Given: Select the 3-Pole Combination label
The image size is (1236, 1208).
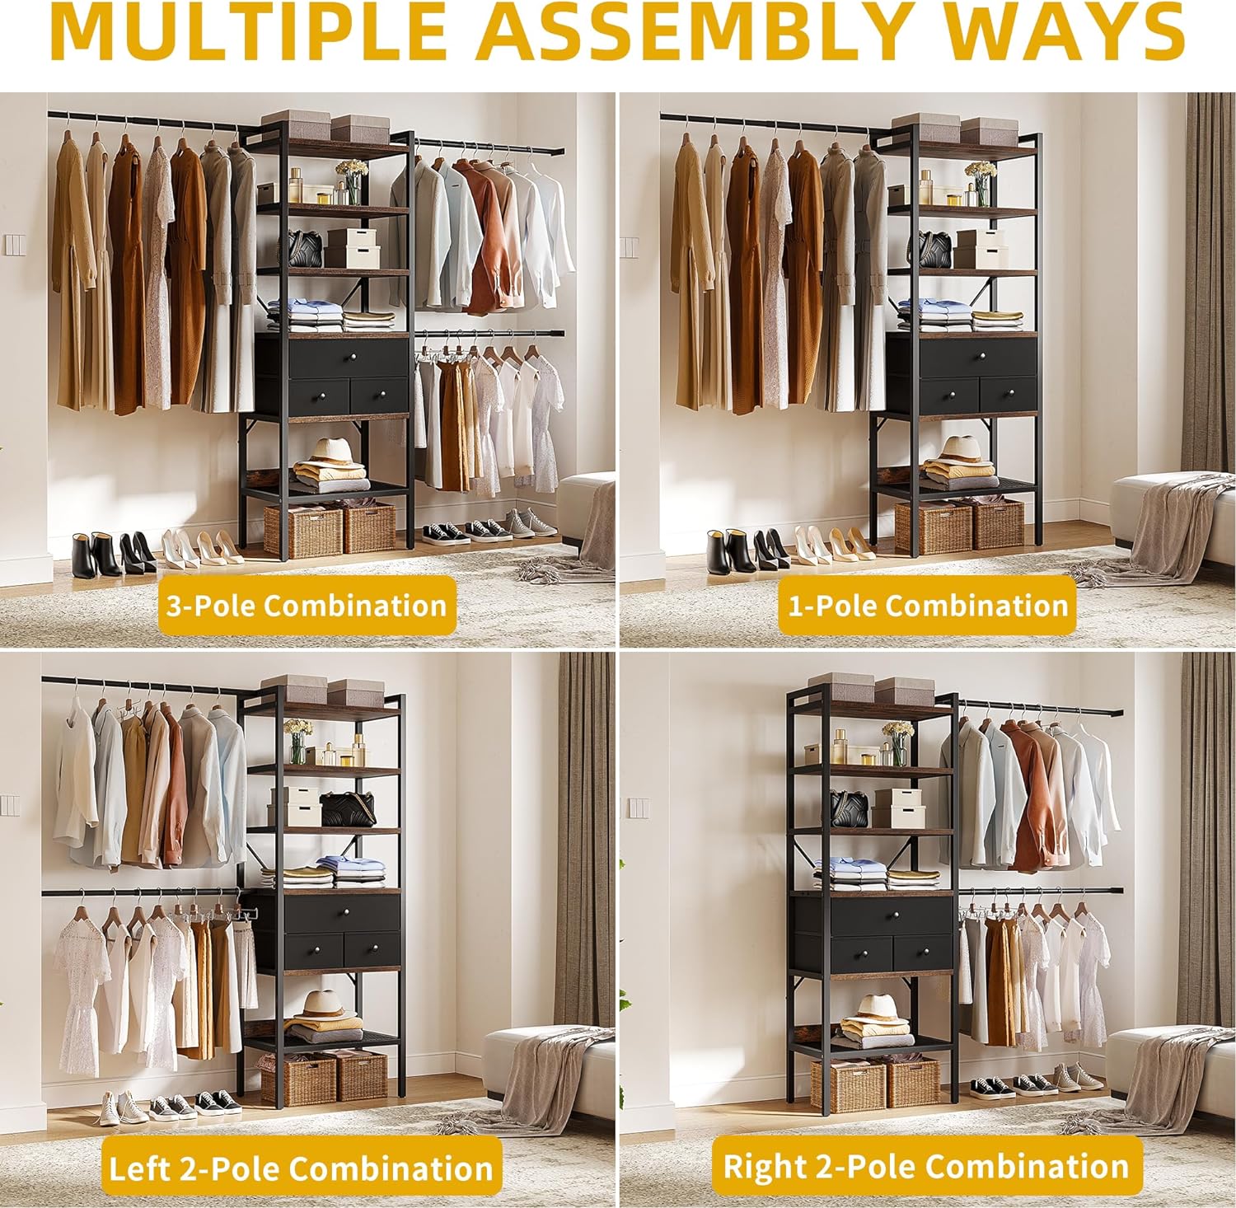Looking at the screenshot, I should click(307, 606).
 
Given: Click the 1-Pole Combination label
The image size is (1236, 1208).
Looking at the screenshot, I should click(928, 606).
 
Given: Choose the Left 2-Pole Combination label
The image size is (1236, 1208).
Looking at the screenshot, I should click(301, 1168).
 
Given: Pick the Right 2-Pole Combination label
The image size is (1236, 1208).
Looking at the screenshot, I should click(926, 1166).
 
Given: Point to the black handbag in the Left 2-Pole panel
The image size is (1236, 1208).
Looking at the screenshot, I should click(348, 809).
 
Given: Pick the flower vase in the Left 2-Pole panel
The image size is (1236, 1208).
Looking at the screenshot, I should click(297, 739).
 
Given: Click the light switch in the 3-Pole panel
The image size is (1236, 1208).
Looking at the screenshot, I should click(14, 245).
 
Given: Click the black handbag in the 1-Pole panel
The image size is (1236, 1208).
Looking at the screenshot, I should click(934, 249).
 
